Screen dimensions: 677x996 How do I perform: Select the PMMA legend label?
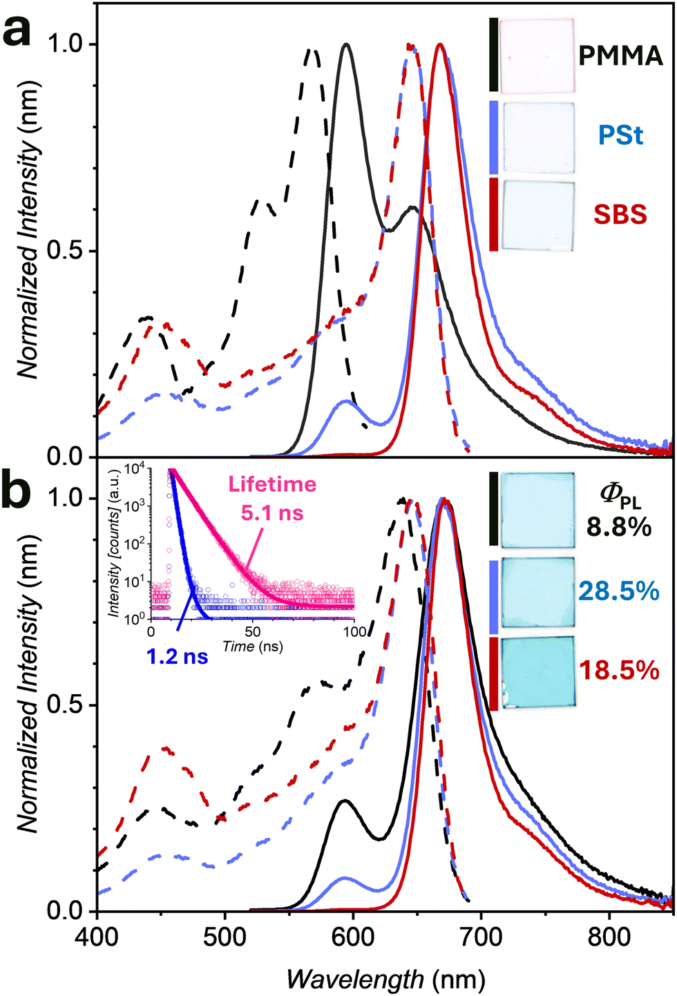pyautogui.click(x=620, y=57)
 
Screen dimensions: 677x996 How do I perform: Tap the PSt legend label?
pyautogui.click(x=620, y=135)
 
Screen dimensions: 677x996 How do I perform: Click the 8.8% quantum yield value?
pyautogui.click(x=619, y=528)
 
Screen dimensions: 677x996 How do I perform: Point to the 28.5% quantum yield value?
pyautogui.click(x=619, y=591)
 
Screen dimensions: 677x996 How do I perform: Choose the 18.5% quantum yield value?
pyautogui.click(x=619, y=670)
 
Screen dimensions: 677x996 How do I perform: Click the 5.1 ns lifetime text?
pyautogui.click(x=272, y=513)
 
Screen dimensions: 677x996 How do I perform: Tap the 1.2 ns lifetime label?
pyautogui.click(x=178, y=657)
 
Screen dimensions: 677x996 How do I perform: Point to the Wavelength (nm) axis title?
pyautogui.click(x=385, y=979)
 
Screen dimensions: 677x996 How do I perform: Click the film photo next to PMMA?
pyautogui.click(x=537, y=55)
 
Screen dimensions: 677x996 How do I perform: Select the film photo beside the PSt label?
pyautogui.click(x=537, y=137)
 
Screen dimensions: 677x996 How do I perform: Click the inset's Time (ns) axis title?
pyautogui.click(x=252, y=646)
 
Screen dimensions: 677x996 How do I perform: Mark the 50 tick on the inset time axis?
pyautogui.click(x=252, y=631)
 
